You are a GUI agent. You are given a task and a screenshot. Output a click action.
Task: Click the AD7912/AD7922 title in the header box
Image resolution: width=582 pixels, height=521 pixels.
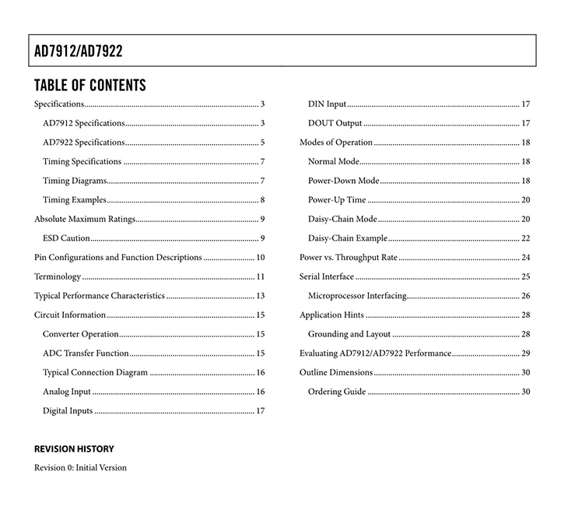[79, 51]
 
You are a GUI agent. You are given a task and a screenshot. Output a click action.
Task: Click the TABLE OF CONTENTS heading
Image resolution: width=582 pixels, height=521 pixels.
[90, 85]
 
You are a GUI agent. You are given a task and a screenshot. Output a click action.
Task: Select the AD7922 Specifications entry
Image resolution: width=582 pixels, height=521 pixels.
[84, 143]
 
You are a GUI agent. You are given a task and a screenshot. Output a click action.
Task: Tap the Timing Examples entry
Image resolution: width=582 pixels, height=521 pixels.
[75, 200]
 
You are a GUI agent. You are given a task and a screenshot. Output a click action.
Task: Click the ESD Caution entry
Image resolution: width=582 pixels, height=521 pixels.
[67, 238]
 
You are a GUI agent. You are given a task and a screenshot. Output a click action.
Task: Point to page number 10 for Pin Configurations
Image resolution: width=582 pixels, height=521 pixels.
[261, 258]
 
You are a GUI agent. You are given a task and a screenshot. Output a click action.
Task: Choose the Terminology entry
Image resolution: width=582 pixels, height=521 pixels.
[58, 276]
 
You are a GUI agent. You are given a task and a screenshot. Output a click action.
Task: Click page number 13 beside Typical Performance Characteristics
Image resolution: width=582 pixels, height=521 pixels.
[261, 296]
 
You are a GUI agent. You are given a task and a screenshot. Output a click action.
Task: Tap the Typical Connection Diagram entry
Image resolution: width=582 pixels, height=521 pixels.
[95, 372]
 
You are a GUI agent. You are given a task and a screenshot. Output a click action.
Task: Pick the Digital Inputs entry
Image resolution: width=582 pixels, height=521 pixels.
[68, 410]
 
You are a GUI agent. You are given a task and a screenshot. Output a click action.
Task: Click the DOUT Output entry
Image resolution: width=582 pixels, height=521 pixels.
[335, 123]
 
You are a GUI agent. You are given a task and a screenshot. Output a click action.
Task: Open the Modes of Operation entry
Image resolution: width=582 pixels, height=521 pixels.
[336, 143]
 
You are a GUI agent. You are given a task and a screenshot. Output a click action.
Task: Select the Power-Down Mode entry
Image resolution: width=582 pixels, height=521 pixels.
[344, 181]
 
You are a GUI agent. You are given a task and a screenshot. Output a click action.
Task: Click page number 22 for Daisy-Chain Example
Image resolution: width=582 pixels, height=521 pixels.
[526, 238]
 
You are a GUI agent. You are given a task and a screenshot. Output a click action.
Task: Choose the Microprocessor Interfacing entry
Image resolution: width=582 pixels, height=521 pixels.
[357, 296]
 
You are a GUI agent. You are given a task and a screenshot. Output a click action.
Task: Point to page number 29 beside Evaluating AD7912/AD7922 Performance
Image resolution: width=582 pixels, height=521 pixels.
[526, 354]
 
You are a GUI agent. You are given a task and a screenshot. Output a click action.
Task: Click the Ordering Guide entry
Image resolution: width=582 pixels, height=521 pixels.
[337, 392]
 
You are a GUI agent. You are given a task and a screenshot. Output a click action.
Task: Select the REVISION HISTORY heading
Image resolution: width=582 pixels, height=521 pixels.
[74, 449]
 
